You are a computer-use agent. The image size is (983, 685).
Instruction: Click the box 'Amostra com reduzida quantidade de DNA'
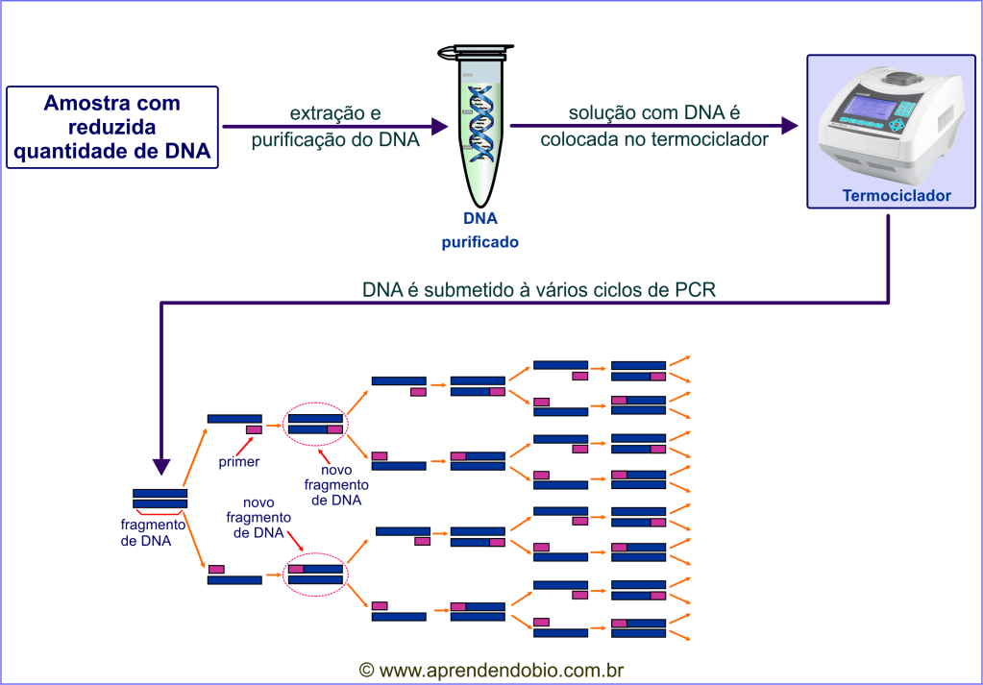(x=112, y=127)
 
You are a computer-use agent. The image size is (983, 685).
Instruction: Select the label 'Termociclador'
(x=896, y=196)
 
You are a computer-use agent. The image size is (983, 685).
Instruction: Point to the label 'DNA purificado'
(x=479, y=231)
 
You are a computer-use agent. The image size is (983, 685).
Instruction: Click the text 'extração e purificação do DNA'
(x=334, y=127)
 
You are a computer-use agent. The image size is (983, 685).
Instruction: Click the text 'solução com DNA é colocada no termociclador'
(x=653, y=127)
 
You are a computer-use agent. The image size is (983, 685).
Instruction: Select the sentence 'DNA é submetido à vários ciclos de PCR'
(x=538, y=289)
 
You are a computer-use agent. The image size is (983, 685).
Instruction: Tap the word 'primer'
(x=239, y=462)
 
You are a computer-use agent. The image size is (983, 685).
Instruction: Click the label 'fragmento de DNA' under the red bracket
(x=153, y=532)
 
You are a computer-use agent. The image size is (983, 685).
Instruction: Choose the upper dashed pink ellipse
(x=316, y=423)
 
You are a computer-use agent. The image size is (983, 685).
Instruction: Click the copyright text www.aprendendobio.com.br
(x=492, y=670)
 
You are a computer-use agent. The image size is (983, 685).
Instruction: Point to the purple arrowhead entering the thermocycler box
(x=790, y=125)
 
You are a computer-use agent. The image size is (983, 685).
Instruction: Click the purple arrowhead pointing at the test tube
(x=440, y=125)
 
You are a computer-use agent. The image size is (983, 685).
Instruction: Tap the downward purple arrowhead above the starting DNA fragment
(x=160, y=466)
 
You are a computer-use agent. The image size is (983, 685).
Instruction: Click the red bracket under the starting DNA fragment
(x=160, y=513)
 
